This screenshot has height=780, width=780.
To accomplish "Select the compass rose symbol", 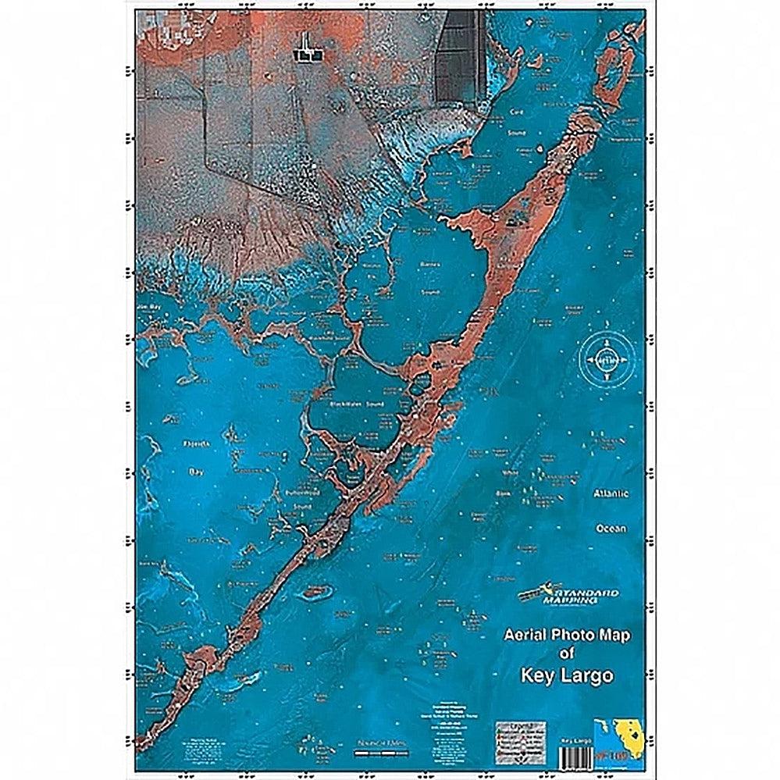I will tap(605, 361).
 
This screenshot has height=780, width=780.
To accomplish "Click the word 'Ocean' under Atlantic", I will tap(611, 529).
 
